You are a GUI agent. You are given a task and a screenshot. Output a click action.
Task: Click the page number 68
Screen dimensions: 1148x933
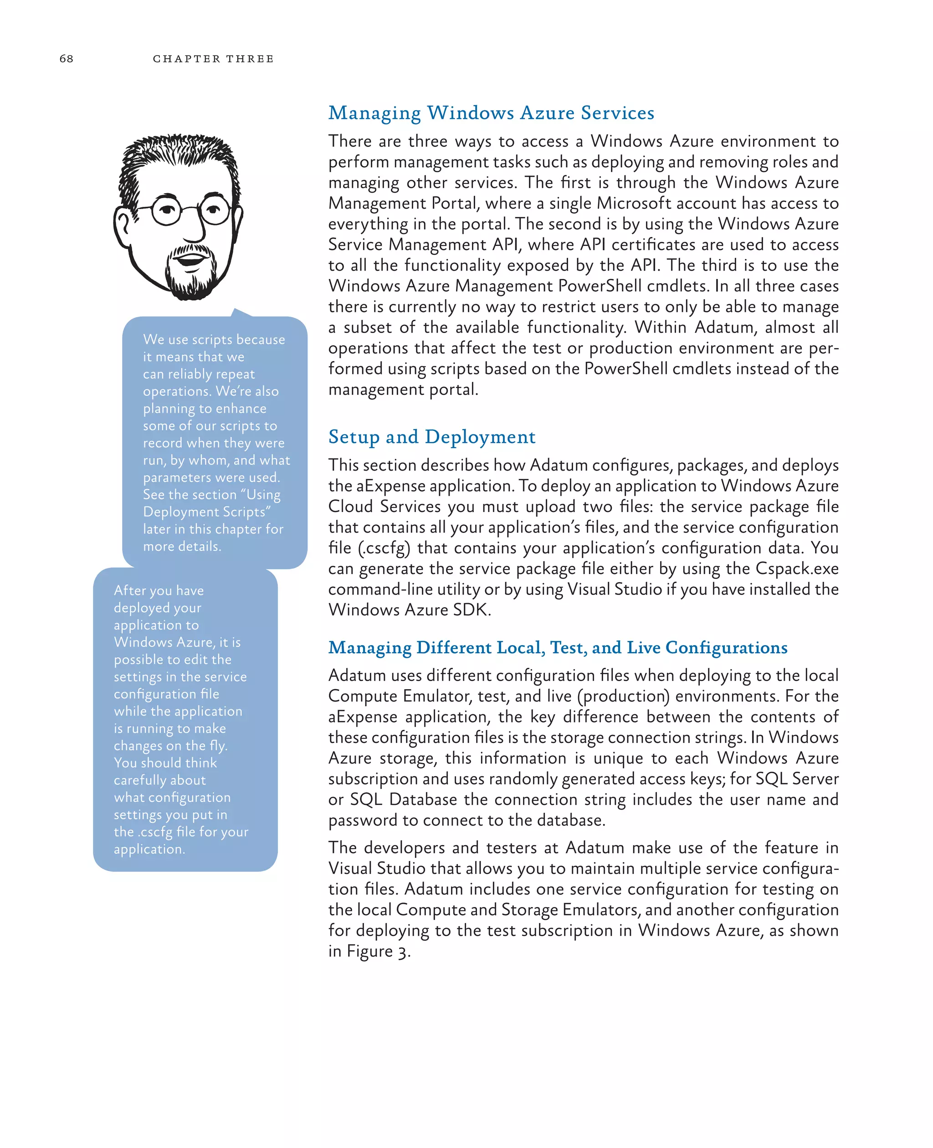[66, 59]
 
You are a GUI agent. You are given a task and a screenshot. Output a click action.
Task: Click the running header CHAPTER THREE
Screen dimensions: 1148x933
[213, 59]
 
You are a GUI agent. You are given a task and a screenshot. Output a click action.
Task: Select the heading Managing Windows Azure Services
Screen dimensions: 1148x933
[491, 113]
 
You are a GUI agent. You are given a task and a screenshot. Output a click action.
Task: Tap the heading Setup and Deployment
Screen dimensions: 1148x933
[431, 437]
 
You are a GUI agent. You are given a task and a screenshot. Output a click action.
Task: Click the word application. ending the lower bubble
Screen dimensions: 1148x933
[149, 849]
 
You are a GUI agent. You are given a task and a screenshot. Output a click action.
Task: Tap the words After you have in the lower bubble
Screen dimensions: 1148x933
[159, 591]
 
